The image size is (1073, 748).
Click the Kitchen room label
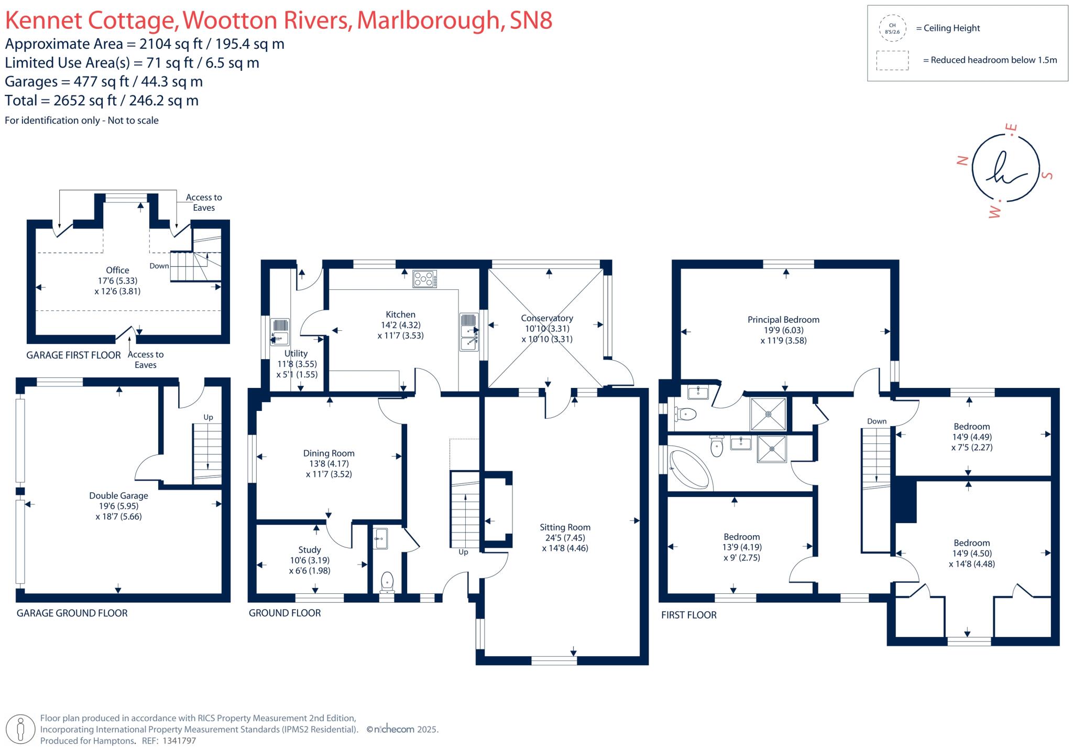coord(400,315)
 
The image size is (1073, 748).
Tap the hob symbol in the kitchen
coord(424,279)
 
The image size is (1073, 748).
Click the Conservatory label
coord(547,318)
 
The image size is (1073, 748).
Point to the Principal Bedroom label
coord(783,320)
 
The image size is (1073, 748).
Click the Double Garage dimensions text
coord(118,512)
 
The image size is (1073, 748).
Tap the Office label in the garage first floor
coord(117,270)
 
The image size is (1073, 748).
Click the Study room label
coord(309,550)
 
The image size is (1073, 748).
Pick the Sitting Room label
coord(565,527)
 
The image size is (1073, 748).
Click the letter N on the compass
coord(962,160)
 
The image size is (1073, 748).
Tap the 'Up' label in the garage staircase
coord(208,417)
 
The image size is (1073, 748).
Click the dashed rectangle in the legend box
coord(892,60)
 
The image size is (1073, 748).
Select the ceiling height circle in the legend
coord(892,28)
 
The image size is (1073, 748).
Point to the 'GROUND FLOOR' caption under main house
coord(284,613)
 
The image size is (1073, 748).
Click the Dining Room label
coord(329,453)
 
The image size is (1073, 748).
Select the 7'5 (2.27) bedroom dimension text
coord(972,448)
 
